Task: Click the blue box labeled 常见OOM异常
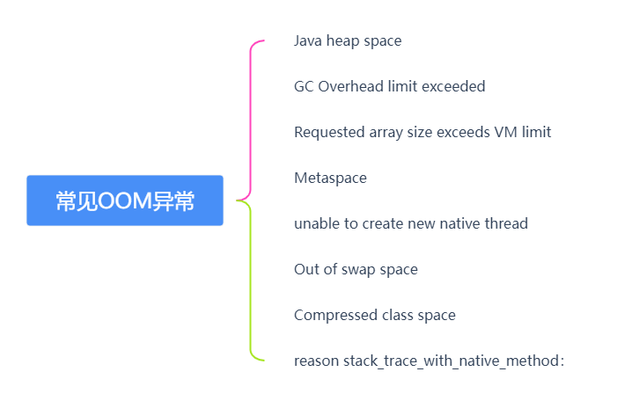pos(125,200)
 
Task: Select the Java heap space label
pos(348,40)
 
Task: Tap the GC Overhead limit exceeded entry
pos(389,86)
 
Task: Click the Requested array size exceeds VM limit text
pos(422,132)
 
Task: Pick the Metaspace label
pos(330,178)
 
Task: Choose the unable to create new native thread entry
pos(410,223)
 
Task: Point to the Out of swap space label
pos(356,269)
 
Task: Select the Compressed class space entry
pos(375,315)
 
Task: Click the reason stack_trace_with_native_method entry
pos(428,361)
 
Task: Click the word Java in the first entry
pos(308,40)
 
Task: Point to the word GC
pos(304,86)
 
